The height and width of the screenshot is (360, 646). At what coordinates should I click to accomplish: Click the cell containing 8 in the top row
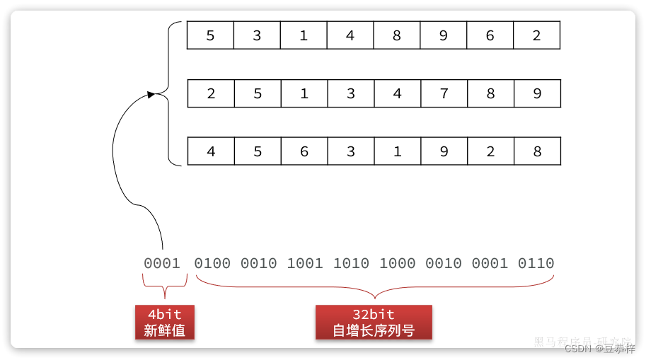(396, 35)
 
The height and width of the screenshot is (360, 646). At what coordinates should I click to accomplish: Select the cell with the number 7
(444, 93)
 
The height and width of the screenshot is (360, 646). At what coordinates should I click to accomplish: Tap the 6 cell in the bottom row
(304, 151)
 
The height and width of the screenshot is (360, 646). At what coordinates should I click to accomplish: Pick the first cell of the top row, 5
(210, 35)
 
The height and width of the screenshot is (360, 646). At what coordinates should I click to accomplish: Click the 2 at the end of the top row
(536, 35)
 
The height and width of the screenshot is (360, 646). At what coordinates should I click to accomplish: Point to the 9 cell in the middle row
(537, 93)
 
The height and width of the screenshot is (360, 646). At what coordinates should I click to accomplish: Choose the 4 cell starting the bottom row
(211, 151)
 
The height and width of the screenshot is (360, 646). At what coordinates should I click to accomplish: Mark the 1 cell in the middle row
(304, 93)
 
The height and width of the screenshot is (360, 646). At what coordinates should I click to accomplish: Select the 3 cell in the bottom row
(351, 151)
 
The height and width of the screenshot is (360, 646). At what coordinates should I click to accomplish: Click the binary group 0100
(212, 264)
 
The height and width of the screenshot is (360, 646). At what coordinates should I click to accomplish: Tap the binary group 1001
(305, 264)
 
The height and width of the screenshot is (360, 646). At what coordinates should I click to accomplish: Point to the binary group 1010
(351, 264)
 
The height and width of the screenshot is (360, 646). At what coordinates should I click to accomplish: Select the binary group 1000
(398, 264)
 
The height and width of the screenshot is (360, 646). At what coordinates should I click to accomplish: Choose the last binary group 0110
(536, 264)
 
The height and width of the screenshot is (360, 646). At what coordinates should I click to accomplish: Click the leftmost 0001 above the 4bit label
(162, 264)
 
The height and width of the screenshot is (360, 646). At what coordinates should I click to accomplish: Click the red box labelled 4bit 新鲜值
(164, 322)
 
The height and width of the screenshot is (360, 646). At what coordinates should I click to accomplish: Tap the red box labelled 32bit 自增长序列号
(374, 322)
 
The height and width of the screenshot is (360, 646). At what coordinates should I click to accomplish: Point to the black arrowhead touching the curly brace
(151, 94)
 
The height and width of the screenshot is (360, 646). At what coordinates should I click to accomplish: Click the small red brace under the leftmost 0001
(164, 286)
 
